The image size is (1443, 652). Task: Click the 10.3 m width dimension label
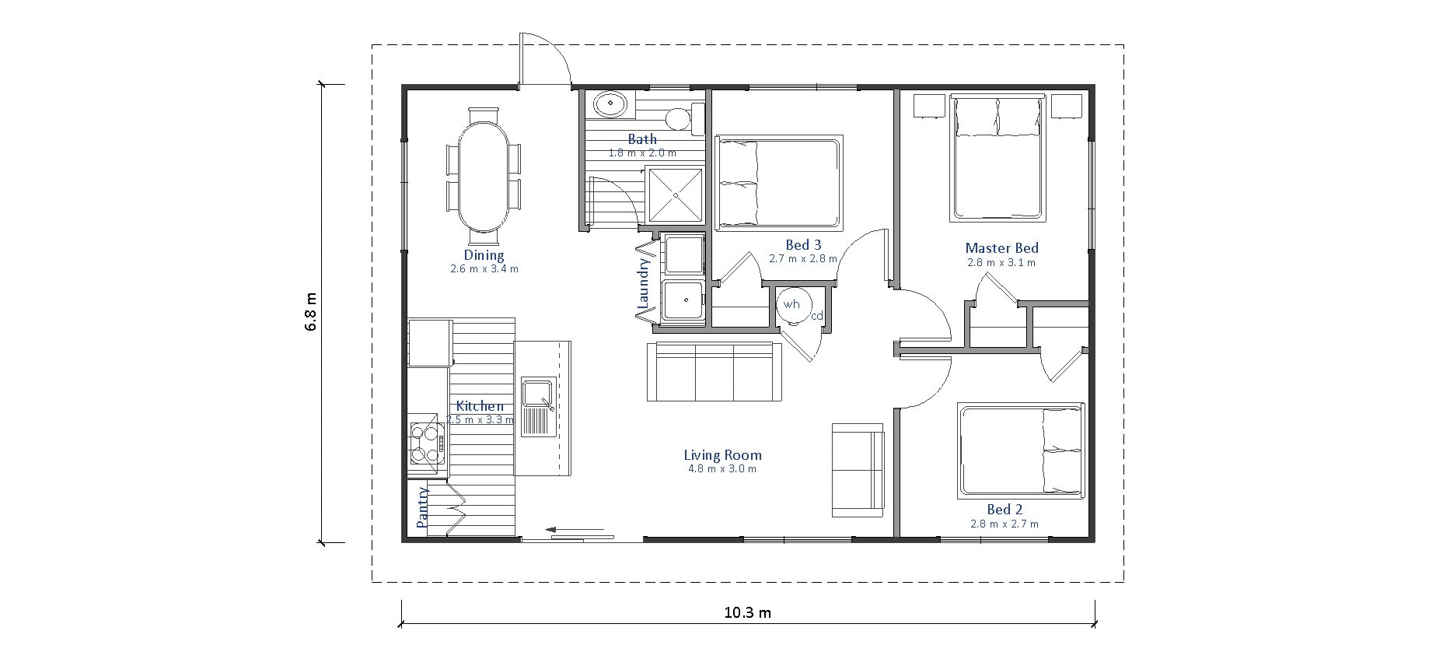pyautogui.click(x=747, y=612)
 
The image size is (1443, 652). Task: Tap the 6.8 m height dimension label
pyautogui.click(x=311, y=313)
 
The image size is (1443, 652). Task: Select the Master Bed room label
pyautogui.click(x=1001, y=248)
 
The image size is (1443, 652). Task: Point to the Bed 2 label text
pyautogui.click(x=1005, y=510)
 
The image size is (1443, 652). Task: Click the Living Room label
pyautogui.click(x=722, y=455)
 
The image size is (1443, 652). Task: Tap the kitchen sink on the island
pyautogui.click(x=537, y=408)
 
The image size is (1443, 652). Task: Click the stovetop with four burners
pyautogui.click(x=426, y=443)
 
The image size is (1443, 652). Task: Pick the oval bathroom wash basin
pyautogui.click(x=610, y=104)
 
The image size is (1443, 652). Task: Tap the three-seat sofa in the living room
pyautogui.click(x=715, y=371)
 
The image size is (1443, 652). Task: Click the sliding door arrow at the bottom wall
pyautogui.click(x=575, y=530)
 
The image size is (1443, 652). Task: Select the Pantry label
pyautogui.click(x=423, y=507)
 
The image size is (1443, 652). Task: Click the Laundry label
pyautogui.click(x=644, y=286)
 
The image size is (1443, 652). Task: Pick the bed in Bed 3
pyautogui.click(x=779, y=184)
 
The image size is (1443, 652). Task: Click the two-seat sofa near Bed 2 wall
pyautogui.click(x=858, y=470)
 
